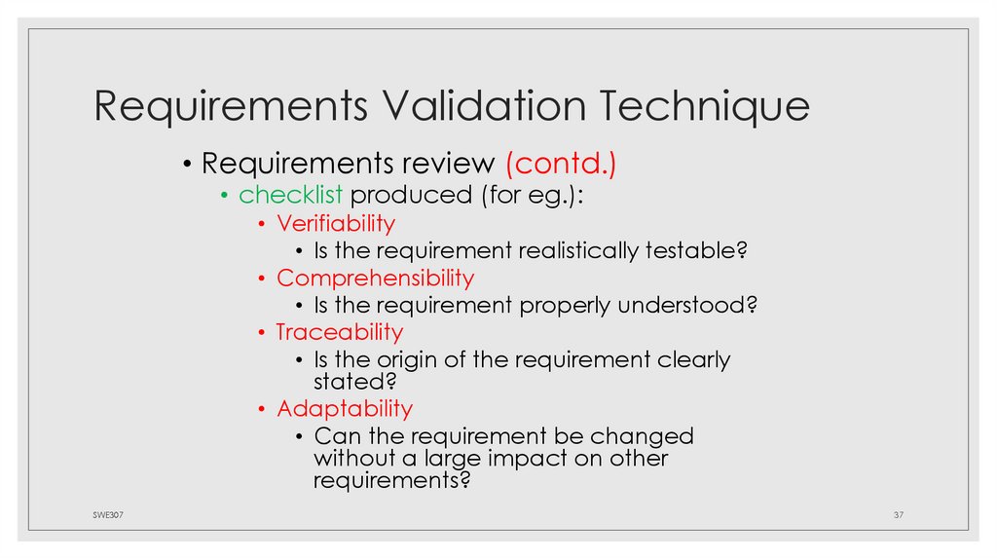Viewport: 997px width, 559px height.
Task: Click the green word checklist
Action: click(291, 194)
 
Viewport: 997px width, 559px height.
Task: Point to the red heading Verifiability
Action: click(336, 224)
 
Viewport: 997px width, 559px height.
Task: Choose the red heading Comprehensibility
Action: click(375, 279)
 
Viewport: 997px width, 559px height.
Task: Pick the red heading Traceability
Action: click(339, 332)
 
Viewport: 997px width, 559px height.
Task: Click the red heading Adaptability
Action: click(345, 408)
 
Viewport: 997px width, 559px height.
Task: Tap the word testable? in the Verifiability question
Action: click(696, 251)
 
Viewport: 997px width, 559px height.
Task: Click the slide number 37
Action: click(899, 514)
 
